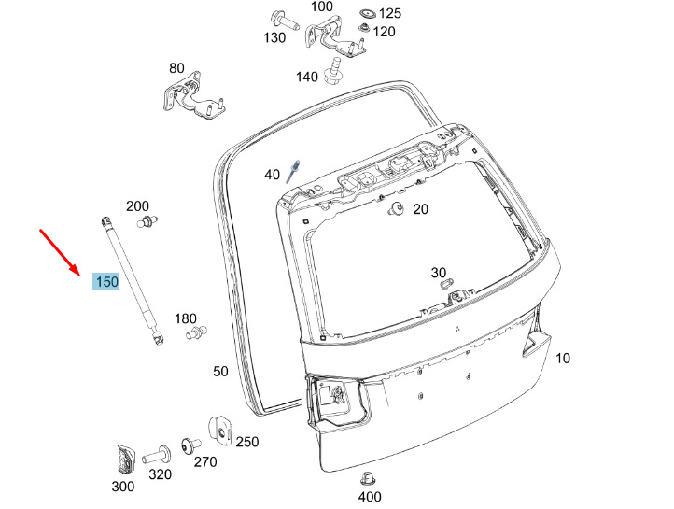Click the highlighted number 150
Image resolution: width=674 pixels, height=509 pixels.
tap(106, 281)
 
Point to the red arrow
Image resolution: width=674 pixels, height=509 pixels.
tap(60, 252)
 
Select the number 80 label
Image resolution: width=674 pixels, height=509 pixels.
tap(176, 68)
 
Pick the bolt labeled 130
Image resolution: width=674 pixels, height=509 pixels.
tap(285, 21)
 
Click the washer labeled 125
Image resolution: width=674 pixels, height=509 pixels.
tap(368, 13)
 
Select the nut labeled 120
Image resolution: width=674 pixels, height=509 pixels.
tap(364, 28)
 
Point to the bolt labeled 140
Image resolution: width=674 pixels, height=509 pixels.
tap(332, 71)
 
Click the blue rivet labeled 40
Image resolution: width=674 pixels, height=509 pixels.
tap(293, 171)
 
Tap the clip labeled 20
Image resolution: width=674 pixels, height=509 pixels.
tap(396, 210)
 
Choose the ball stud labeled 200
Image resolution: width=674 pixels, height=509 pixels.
tap(147, 222)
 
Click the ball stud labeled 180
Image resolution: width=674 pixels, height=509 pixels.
tap(196, 332)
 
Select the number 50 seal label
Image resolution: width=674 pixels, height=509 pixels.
tap(220, 371)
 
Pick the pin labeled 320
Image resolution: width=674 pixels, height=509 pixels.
tap(157, 455)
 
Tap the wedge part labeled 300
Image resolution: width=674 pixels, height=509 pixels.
tap(125, 460)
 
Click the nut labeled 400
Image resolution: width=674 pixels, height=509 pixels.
tap(367, 479)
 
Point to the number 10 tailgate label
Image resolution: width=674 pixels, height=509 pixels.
tap(563, 358)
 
